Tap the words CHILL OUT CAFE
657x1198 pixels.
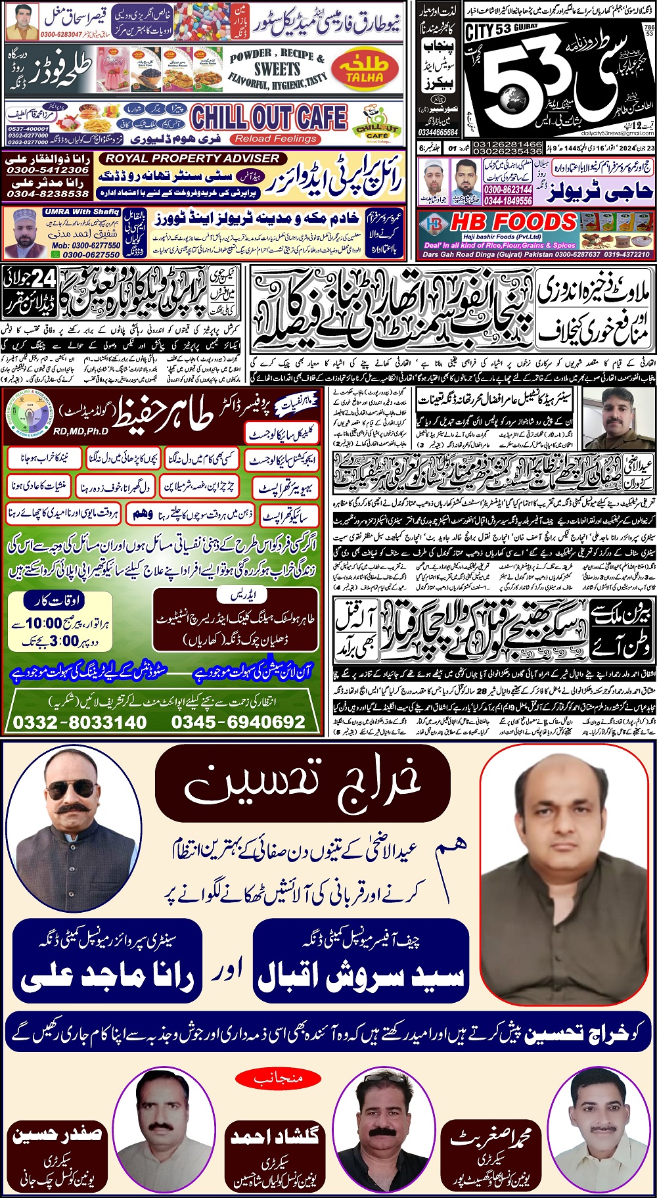(269, 118)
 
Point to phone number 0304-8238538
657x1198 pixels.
(47, 193)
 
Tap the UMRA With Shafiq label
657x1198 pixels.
(82, 212)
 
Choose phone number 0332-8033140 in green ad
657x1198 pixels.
(80, 722)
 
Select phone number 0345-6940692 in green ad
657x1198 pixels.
(238, 722)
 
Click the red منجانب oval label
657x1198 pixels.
(279, 1078)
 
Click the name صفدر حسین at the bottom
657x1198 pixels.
(57, 1135)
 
